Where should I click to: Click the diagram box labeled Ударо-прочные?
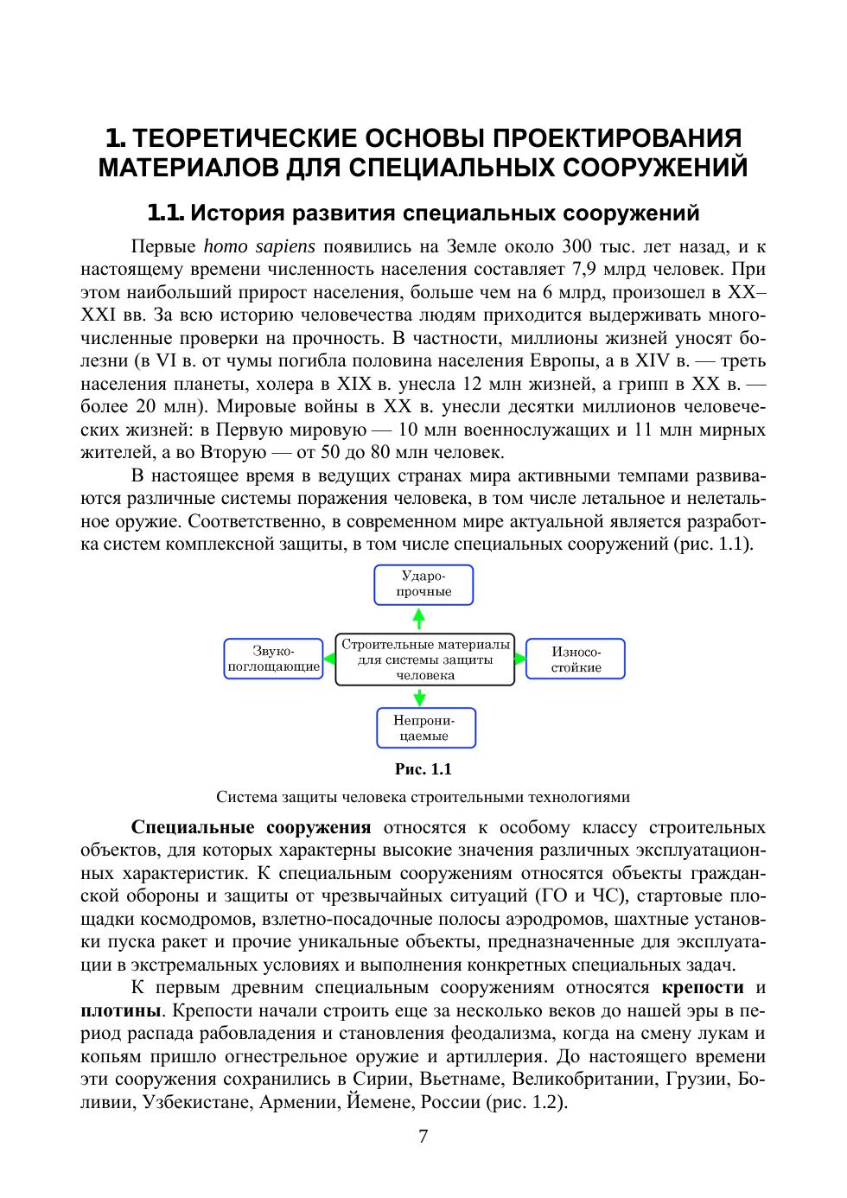[x=423, y=584]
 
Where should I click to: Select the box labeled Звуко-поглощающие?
[x=273, y=659]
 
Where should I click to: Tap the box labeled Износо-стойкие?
[x=576, y=659]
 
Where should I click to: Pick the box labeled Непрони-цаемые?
[x=425, y=728]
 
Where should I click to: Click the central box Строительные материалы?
[x=425, y=660]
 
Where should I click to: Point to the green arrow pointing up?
[x=419, y=618]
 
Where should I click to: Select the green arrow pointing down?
[x=420, y=697]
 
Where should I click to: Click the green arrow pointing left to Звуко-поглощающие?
[x=328, y=659]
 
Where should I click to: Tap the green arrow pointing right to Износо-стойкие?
[x=520, y=659]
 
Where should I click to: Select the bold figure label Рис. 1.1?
[x=423, y=768]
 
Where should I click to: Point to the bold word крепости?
[x=703, y=987]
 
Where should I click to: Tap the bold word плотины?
[x=120, y=1010]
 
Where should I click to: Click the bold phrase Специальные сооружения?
[x=252, y=827]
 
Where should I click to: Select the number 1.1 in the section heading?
[x=165, y=212]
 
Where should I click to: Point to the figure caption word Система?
[x=246, y=797]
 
